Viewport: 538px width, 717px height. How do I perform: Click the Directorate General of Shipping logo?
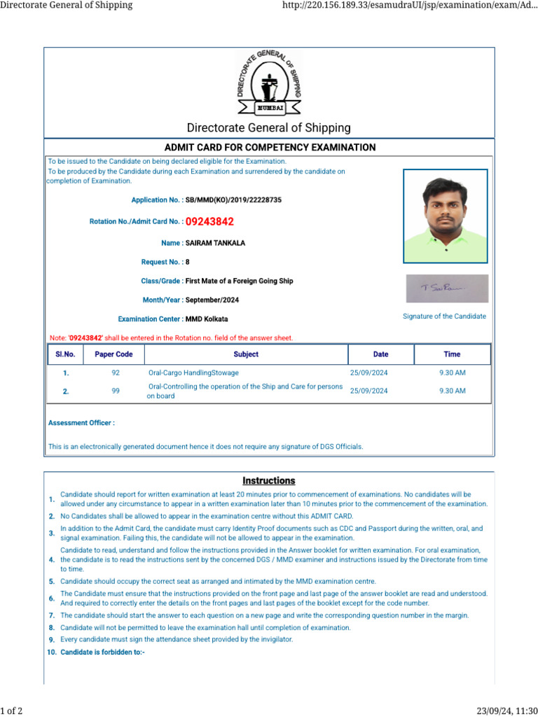tap(269, 83)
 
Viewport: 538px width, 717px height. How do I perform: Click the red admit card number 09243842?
tap(209, 222)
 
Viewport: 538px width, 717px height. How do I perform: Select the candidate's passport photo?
tap(446, 216)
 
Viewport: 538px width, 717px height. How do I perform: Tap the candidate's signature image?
tap(447, 288)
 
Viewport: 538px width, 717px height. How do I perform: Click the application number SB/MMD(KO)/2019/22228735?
tap(233, 200)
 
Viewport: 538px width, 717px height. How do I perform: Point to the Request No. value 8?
tap(188, 262)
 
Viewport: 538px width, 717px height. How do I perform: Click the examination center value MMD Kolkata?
tap(207, 319)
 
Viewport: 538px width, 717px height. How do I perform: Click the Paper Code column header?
tap(113, 354)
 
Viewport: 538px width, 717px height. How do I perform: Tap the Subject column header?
tap(246, 354)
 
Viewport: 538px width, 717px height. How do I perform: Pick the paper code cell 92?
tap(116, 373)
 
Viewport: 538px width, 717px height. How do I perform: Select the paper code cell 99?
tap(116, 391)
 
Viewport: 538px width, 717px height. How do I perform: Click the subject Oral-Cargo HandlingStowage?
tap(193, 373)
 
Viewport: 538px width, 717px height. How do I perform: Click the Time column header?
tap(452, 354)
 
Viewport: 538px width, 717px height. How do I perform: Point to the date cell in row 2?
tap(368, 391)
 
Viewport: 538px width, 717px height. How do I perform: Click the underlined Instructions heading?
tap(269, 481)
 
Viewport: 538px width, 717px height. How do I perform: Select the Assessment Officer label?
tap(81, 423)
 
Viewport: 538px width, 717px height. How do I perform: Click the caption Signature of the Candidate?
tap(444, 316)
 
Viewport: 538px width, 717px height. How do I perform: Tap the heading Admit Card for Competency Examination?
tap(270, 148)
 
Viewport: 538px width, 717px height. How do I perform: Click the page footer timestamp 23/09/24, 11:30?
tap(506, 711)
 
